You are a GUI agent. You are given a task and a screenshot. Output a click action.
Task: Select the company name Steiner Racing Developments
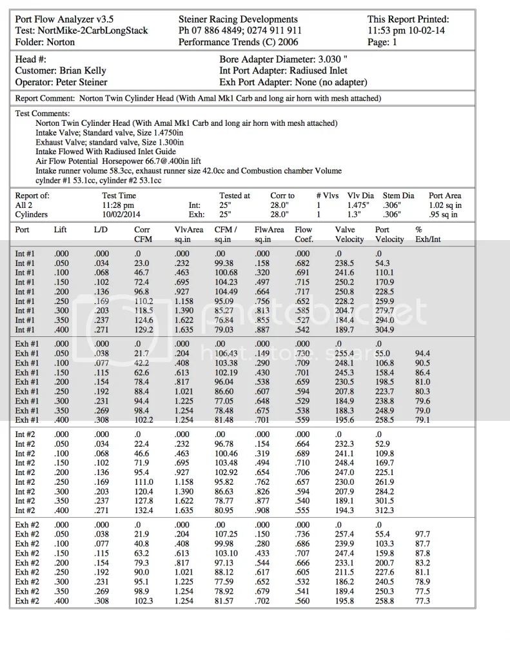point(238,19)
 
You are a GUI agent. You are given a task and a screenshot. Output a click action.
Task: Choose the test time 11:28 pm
point(119,205)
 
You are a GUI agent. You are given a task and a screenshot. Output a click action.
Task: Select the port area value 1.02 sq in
point(445,205)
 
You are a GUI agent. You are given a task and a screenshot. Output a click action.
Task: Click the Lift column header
point(60,229)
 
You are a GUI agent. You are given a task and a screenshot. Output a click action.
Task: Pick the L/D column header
point(100,229)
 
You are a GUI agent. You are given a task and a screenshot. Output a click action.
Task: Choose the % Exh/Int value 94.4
point(424,353)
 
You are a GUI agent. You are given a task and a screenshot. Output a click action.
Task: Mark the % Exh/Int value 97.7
point(424,534)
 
